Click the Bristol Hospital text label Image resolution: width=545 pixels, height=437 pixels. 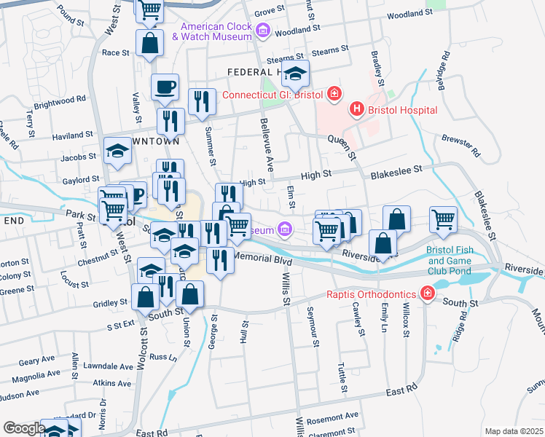(402, 110)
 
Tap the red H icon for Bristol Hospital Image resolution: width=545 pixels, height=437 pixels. (357, 110)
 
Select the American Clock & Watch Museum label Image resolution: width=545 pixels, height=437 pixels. (211, 32)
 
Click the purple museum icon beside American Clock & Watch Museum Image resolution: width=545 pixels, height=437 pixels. (263, 31)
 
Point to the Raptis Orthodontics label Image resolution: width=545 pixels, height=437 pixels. (372, 295)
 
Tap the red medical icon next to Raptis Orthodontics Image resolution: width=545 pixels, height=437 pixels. (427, 295)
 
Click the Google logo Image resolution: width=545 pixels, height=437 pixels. (23, 428)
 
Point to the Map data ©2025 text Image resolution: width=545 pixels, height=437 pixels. (513, 431)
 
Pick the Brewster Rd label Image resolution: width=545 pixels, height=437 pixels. (462, 146)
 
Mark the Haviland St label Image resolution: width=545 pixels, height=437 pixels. (73, 134)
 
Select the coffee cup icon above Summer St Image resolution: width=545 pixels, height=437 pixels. (165, 87)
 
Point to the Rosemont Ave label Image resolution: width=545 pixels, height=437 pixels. (332, 415)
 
